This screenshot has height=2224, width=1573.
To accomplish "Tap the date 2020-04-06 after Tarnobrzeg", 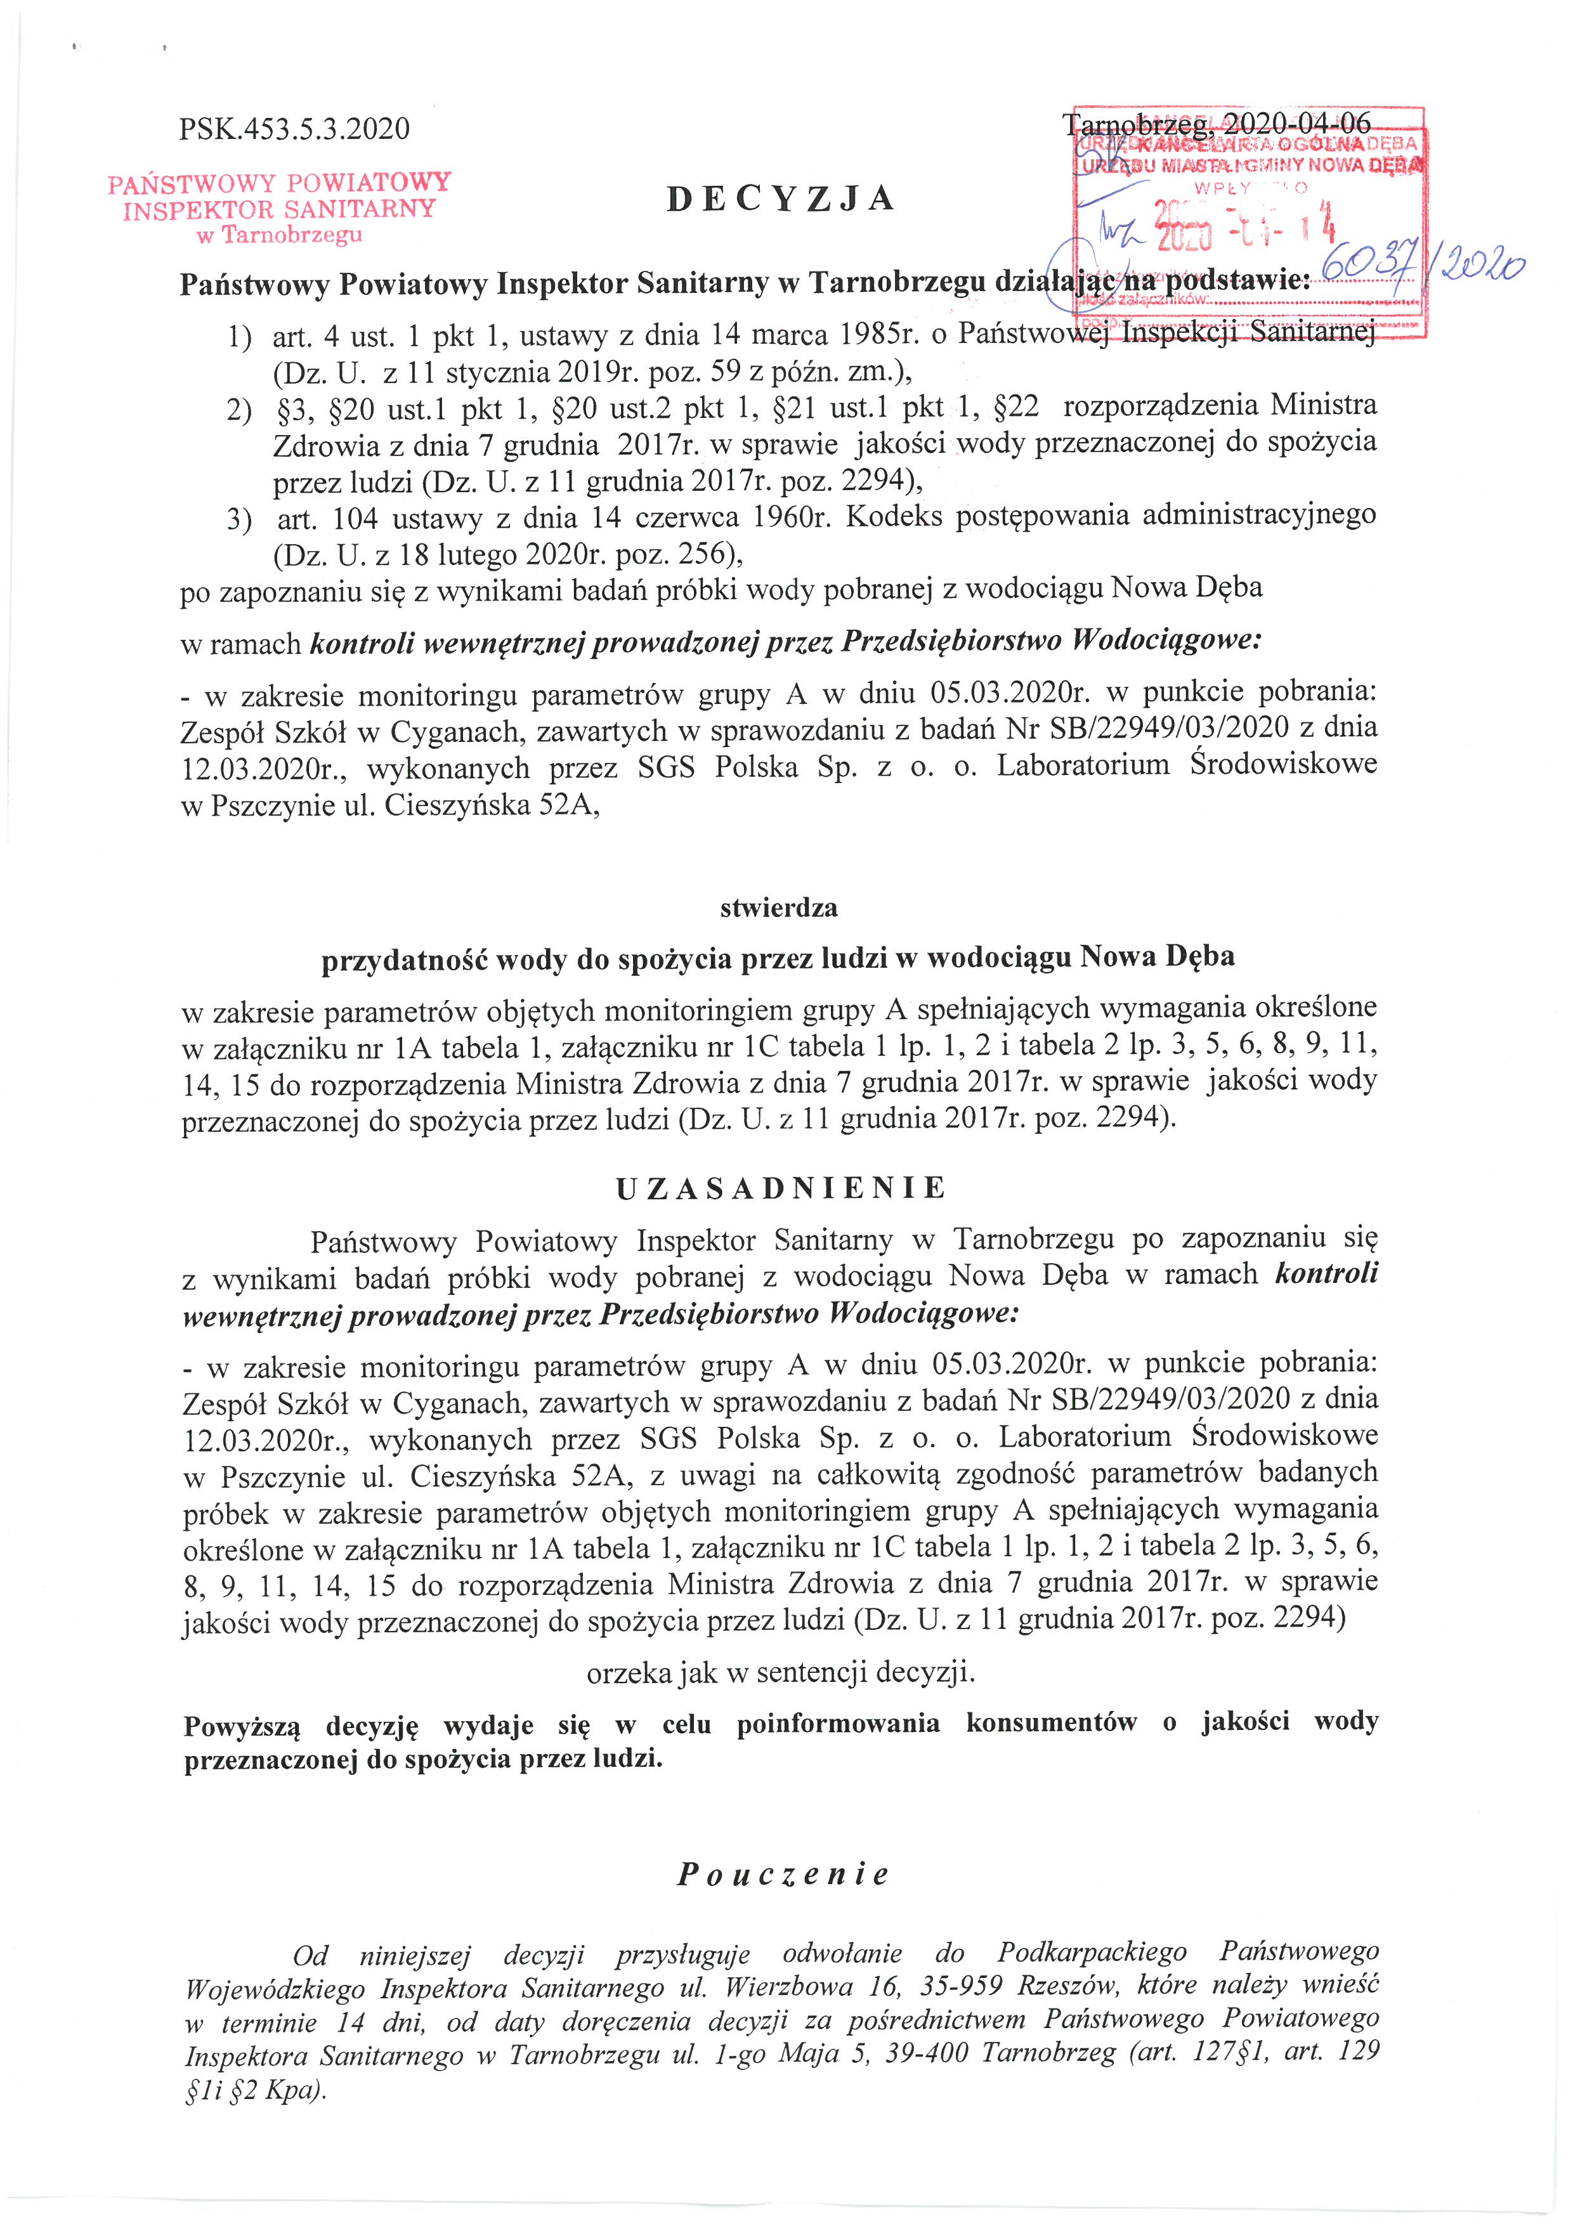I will [x=1297, y=124].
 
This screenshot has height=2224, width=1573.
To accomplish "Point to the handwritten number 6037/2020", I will [x=1422, y=263].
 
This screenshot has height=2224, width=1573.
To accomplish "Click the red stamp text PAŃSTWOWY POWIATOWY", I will [x=280, y=183].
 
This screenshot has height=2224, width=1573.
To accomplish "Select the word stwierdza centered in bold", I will [x=779, y=909].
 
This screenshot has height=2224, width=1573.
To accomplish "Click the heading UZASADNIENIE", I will [x=781, y=1188].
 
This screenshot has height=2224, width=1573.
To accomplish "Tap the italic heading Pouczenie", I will [x=783, y=1875].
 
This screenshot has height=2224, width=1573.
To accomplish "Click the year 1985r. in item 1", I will [x=875, y=335].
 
